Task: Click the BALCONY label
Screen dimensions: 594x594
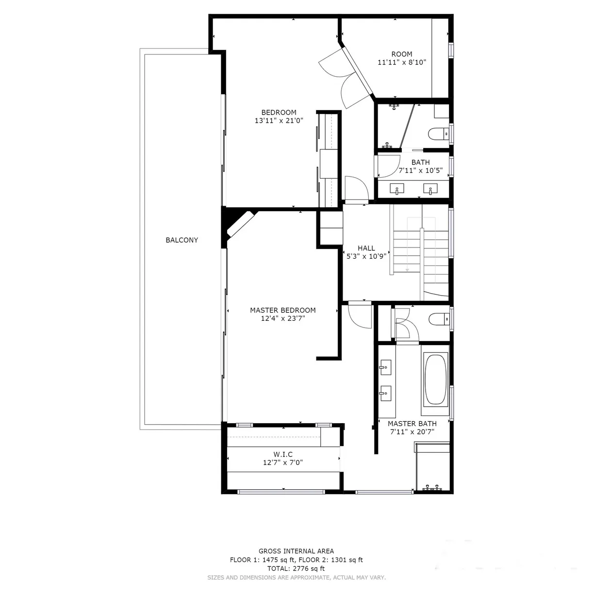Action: (x=181, y=240)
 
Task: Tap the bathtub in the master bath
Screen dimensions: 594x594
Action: (x=436, y=380)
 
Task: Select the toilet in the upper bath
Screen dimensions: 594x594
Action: (x=438, y=134)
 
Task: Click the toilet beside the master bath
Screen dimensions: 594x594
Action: (x=439, y=319)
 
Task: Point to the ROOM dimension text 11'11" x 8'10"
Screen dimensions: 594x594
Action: (x=402, y=62)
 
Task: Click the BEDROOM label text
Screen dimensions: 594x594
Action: (x=279, y=113)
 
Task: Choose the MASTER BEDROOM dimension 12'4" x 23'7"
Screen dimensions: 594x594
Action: (x=282, y=318)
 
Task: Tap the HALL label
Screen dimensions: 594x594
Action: (x=366, y=248)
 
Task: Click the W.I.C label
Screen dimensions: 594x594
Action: (x=282, y=454)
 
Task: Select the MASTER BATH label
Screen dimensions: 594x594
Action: (x=412, y=424)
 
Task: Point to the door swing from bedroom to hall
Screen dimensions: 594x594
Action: (x=357, y=188)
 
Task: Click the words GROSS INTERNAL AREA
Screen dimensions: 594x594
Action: (x=296, y=551)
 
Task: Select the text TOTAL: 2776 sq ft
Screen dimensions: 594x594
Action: (x=296, y=569)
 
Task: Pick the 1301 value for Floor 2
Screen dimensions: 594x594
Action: (x=338, y=560)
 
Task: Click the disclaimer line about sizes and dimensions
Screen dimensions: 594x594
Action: (x=297, y=577)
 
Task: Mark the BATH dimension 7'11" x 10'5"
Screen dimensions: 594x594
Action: (x=420, y=170)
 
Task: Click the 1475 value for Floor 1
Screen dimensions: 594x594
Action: (x=270, y=560)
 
